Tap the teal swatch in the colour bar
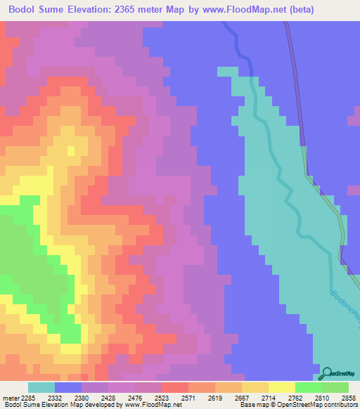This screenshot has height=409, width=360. (x=41, y=387)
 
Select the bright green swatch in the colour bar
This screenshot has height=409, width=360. (x=308, y=387)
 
